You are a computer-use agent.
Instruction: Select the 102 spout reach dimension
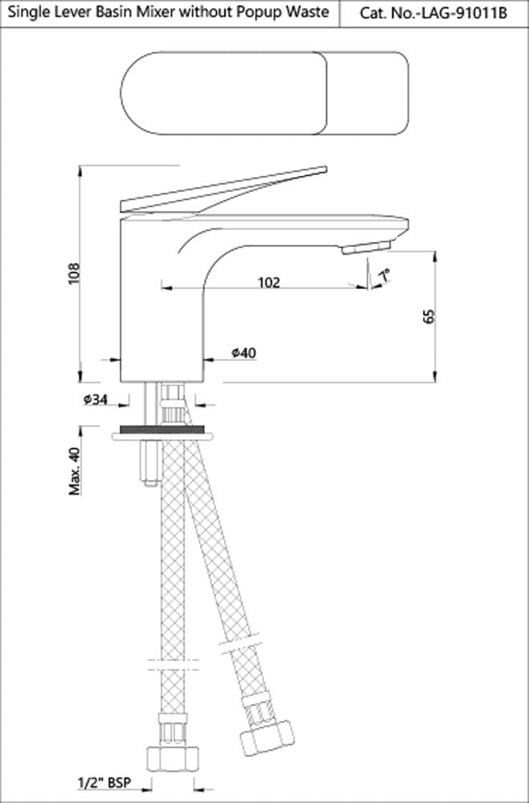click(269, 282)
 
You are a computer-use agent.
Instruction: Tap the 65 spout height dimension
click(428, 315)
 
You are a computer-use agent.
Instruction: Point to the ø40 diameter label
click(242, 353)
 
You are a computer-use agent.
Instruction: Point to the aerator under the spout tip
click(366, 249)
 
